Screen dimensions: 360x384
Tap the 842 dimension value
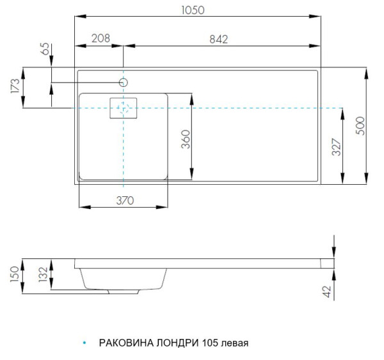[219, 38]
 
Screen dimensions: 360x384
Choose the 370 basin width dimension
[125, 200]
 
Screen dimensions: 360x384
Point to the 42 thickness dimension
[327, 292]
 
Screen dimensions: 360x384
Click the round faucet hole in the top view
[124, 82]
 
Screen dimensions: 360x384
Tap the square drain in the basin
[124, 109]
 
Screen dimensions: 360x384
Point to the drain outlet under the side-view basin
[125, 292]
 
